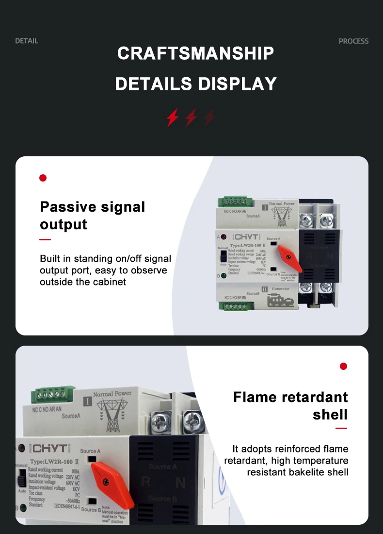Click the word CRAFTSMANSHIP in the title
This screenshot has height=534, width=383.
point(195,53)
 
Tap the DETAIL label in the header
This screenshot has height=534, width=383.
point(26,41)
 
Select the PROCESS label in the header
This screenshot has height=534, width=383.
point(353,41)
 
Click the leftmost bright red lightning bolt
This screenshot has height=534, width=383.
point(173,117)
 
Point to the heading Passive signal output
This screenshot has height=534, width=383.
point(92,216)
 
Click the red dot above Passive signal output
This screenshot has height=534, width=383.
point(43,178)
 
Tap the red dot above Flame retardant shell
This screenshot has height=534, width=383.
point(343,366)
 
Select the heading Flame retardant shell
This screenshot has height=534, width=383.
point(290,405)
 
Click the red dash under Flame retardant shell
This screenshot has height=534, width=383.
point(341,429)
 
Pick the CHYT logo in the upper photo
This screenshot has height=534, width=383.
point(247,237)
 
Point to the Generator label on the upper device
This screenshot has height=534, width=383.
point(280,289)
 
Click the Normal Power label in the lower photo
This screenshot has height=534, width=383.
point(112,394)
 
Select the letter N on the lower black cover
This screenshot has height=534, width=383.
point(180,482)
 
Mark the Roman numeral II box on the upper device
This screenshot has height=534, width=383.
point(265,289)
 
